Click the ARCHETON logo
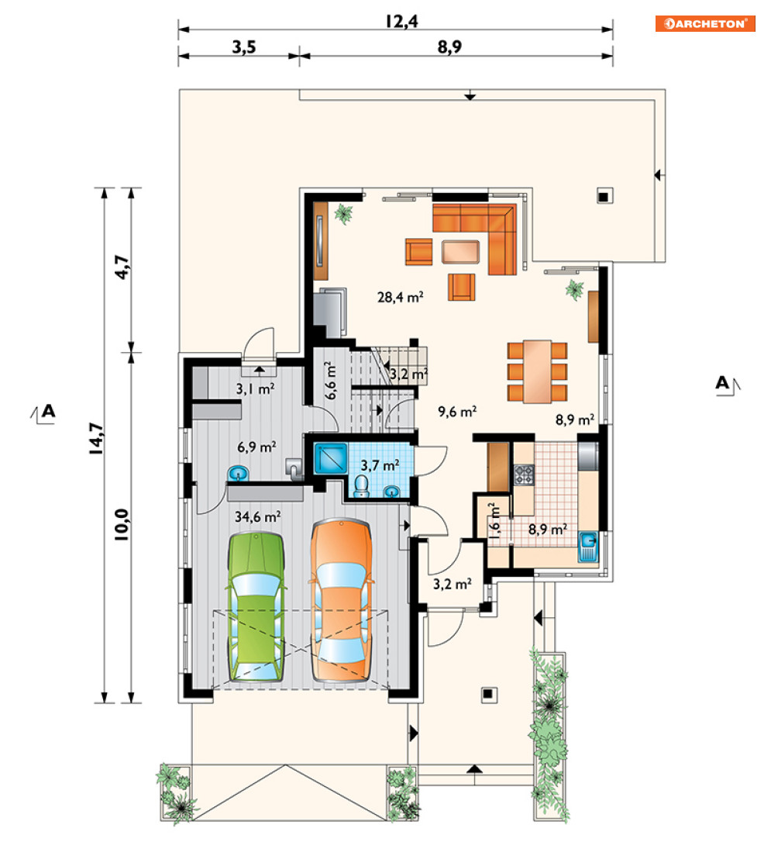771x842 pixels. pyautogui.click(x=704, y=23)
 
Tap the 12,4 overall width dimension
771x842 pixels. pyautogui.click(x=401, y=22)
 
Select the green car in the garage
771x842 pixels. pyautogui.click(x=256, y=608)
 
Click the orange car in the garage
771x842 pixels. pyautogui.click(x=341, y=600)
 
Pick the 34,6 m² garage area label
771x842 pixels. pyautogui.click(x=257, y=516)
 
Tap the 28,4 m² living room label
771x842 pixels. pyautogui.click(x=401, y=296)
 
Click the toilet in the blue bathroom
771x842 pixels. pyautogui.click(x=362, y=486)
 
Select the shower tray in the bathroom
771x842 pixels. pyautogui.click(x=330, y=457)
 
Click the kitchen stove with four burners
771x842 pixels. pyautogui.click(x=524, y=474)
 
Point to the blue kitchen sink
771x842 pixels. pyautogui.click(x=588, y=546)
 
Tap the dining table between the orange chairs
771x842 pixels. pyautogui.click(x=538, y=371)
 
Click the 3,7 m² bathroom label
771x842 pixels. pyautogui.click(x=380, y=465)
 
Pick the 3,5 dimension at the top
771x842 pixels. pyautogui.click(x=243, y=48)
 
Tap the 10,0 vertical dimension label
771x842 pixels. pyautogui.click(x=122, y=524)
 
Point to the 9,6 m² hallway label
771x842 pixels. pyautogui.click(x=457, y=412)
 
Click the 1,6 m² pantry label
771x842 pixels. pyautogui.click(x=494, y=520)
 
